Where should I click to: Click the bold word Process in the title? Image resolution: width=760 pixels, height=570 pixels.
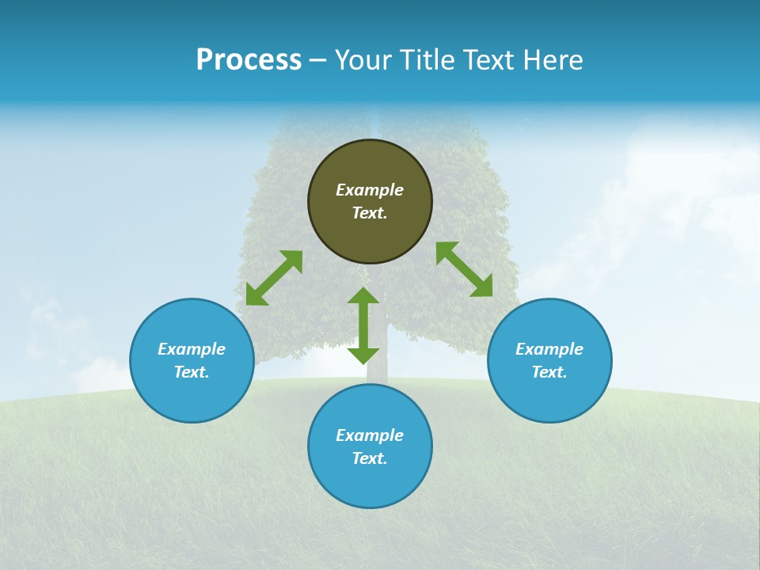coord(249,60)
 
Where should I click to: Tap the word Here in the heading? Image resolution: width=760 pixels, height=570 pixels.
coord(551,60)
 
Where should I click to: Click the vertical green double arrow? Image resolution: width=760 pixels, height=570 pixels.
coord(363,325)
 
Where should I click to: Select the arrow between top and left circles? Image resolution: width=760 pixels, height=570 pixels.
coord(274,278)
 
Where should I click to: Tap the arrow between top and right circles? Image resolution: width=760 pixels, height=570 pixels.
coord(465,269)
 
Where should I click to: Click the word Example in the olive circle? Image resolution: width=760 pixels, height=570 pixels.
coord(370,190)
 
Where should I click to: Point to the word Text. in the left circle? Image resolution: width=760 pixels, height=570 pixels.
coord(192,372)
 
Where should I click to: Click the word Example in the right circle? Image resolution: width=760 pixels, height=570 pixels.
coord(549,349)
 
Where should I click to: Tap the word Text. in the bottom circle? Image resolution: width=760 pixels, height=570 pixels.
coord(370,458)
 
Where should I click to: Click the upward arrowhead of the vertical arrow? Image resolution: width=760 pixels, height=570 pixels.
coord(363,295)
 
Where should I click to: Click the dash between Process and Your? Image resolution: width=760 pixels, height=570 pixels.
coord(317,60)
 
